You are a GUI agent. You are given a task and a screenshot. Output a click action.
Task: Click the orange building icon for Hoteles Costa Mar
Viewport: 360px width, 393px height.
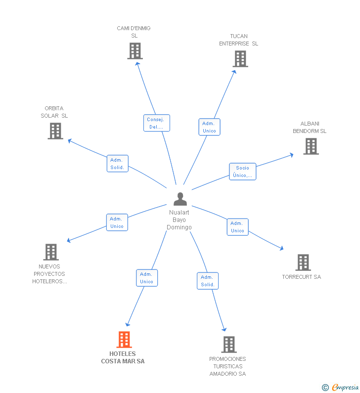click(x=124, y=340)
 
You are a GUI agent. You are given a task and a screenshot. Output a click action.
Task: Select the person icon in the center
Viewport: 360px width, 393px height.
click(x=180, y=199)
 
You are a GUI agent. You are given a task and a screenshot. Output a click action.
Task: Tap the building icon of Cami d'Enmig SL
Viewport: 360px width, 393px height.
click(x=135, y=51)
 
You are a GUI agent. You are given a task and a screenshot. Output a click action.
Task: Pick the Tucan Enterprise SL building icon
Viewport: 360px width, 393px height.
click(x=240, y=59)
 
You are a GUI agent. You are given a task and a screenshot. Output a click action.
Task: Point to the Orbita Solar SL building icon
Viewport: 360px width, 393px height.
click(x=55, y=131)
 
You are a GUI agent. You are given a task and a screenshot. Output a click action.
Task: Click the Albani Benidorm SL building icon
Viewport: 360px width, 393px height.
click(x=311, y=146)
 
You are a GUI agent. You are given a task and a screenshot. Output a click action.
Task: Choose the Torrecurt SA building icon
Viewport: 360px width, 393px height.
click(x=303, y=262)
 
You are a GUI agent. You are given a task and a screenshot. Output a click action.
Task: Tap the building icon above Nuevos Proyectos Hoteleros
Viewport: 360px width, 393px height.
click(x=51, y=252)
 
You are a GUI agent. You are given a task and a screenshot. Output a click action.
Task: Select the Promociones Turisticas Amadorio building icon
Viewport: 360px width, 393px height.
click(x=228, y=345)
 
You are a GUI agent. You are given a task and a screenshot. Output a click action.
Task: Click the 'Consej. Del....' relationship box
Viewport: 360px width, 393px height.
click(x=157, y=123)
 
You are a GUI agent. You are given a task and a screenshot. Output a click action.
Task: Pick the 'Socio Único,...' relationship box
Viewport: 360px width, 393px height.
click(x=242, y=172)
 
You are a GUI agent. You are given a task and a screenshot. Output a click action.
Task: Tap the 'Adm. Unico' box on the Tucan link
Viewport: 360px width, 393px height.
click(x=209, y=127)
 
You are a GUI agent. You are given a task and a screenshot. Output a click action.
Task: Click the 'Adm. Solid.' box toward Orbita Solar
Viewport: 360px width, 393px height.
click(x=117, y=164)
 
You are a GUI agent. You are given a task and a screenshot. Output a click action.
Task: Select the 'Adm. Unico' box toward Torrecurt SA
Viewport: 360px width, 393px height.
click(x=237, y=227)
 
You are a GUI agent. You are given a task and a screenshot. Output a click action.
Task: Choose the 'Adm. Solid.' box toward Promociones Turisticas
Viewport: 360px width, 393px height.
click(x=208, y=281)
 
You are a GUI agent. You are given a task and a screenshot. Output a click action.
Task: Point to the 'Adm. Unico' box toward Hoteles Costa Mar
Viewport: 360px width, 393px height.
click(x=147, y=278)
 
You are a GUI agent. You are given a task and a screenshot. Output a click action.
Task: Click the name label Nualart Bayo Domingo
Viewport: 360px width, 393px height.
click(x=179, y=220)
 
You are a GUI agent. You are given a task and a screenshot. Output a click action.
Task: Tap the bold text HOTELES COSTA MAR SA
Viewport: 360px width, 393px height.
click(x=123, y=357)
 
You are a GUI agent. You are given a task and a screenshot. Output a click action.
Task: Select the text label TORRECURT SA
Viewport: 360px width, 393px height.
click(x=302, y=277)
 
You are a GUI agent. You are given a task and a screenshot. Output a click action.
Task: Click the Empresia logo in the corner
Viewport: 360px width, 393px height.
click(x=345, y=387)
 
